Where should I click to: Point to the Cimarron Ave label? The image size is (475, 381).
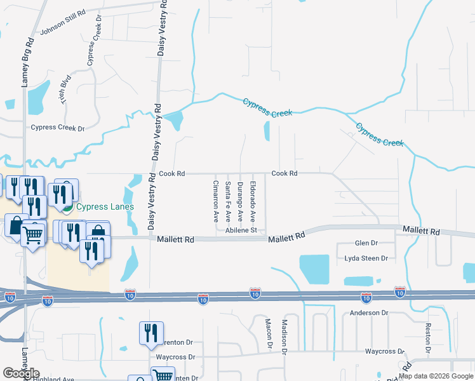(216, 200)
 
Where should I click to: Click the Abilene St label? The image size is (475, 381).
(240, 231)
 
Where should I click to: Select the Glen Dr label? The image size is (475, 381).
(366, 243)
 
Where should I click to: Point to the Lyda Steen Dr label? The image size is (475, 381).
(366, 258)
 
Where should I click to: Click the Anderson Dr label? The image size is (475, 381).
(369, 313)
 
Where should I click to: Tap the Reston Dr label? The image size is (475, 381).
(428, 338)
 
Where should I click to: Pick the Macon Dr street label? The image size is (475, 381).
(269, 334)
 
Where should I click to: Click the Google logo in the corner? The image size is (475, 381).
(21, 373)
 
